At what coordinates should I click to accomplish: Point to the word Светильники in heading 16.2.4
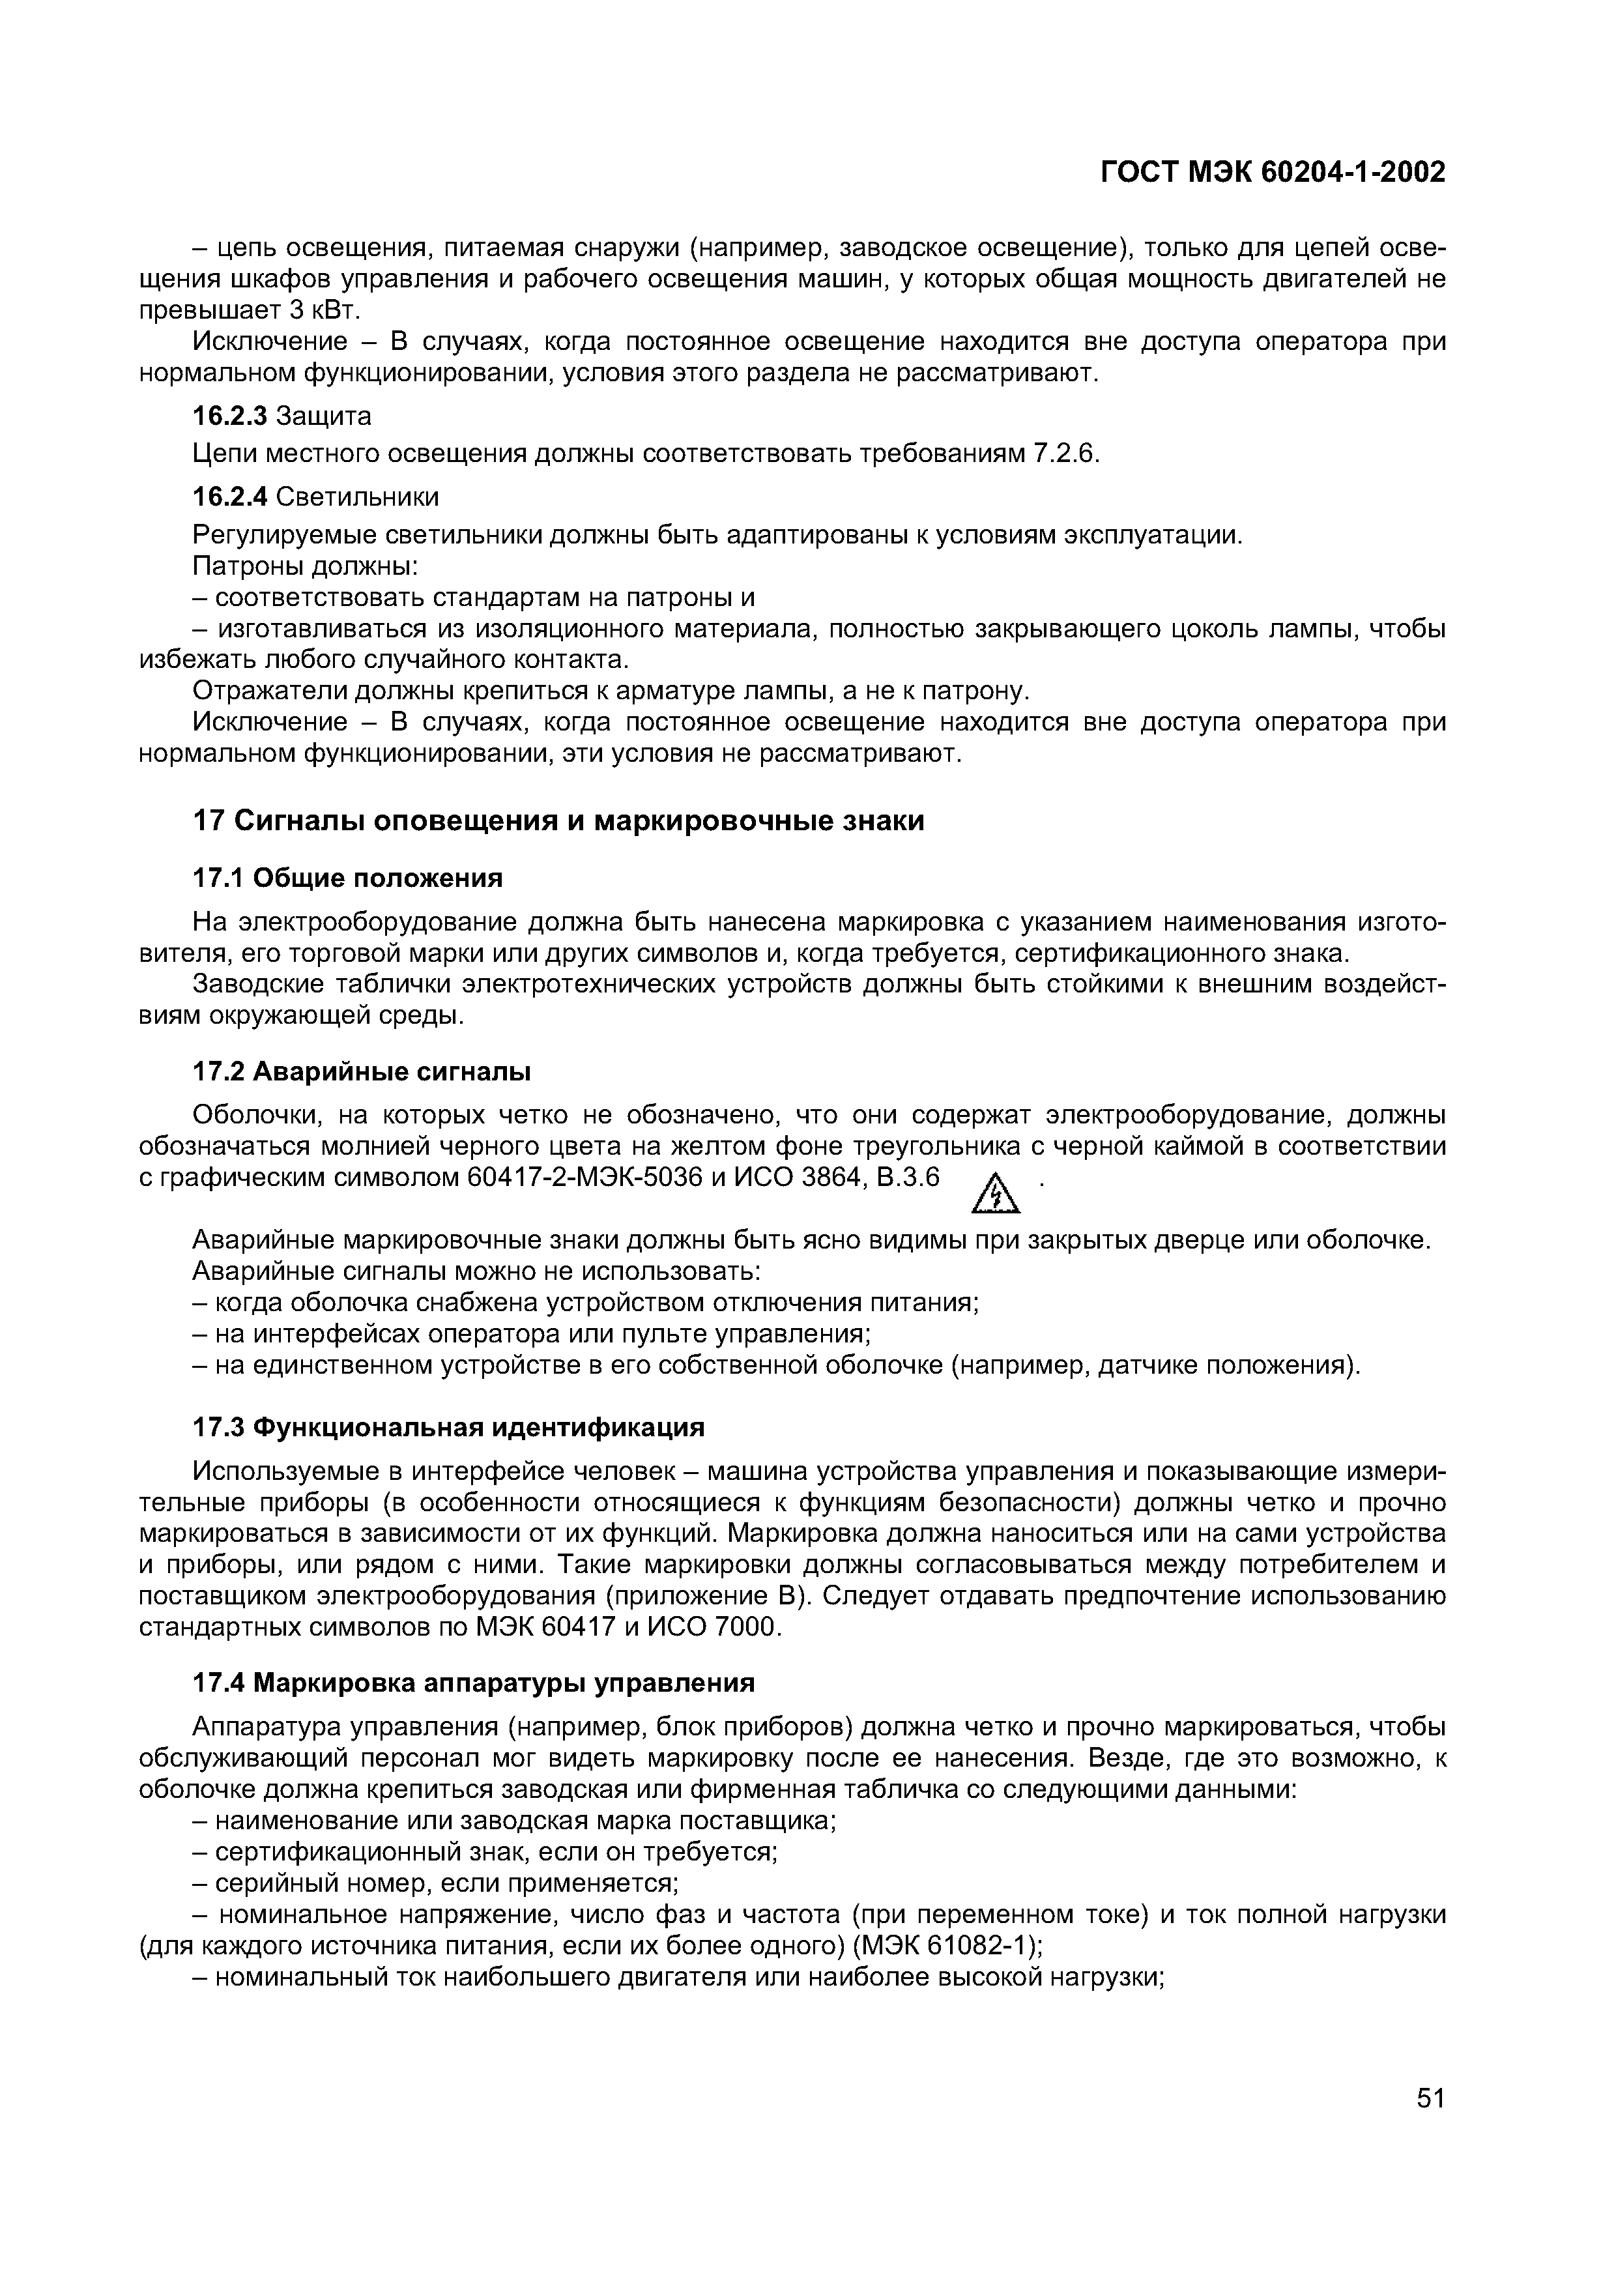356,496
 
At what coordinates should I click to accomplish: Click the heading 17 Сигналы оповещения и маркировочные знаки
558,821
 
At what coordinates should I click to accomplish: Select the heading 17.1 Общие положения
347,878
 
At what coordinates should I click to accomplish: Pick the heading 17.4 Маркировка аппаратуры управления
473,1683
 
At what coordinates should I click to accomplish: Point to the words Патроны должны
303,566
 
